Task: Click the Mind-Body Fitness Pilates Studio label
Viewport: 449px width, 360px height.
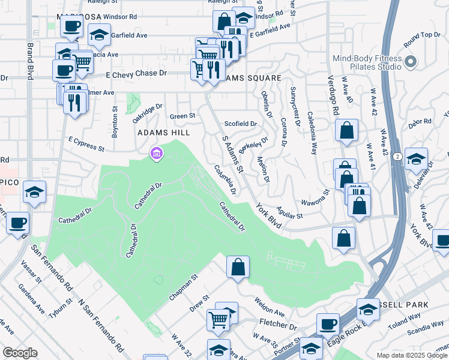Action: coord(367,62)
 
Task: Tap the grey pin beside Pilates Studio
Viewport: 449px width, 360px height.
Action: coord(411,62)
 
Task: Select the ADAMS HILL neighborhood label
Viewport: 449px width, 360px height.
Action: coord(164,132)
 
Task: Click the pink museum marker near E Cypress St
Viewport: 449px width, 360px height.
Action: coord(157,155)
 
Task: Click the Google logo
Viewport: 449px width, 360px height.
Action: coord(20,353)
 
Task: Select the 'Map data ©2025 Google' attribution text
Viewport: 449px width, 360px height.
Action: coord(411,355)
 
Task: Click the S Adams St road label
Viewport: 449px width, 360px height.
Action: coord(232,154)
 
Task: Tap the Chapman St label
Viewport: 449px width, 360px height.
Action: coord(183,287)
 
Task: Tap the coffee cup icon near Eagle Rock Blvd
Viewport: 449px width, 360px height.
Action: coord(328,324)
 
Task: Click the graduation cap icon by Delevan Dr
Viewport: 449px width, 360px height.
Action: coord(416,160)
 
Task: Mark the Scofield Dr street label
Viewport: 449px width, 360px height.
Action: coord(240,124)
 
